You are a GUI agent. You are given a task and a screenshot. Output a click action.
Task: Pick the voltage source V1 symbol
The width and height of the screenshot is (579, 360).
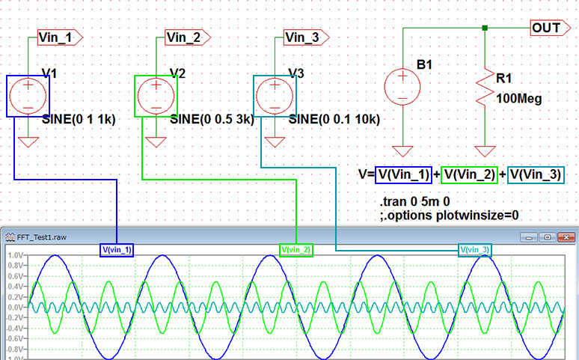tap(28, 96)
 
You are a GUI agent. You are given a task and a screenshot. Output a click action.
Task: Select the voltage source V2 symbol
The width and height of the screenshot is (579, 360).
tap(156, 96)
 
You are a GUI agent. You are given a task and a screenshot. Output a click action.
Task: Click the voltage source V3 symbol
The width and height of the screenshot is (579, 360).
tap(275, 96)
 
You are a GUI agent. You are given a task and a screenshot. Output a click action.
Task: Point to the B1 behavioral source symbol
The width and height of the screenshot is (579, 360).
tap(402, 85)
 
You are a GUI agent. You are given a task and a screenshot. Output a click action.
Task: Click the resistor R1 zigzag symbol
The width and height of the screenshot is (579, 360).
tap(486, 89)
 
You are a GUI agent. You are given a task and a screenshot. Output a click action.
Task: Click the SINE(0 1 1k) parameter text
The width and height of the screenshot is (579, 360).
tap(79, 119)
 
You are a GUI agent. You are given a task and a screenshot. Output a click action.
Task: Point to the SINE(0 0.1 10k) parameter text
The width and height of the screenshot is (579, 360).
tap(334, 119)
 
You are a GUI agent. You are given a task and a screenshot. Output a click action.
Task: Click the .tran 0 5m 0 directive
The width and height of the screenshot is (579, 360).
tap(411, 203)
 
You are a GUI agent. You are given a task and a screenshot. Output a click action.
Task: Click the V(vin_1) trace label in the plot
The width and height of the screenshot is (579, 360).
tap(116, 249)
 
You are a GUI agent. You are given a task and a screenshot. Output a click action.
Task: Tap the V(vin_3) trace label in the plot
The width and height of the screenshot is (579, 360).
tap(475, 249)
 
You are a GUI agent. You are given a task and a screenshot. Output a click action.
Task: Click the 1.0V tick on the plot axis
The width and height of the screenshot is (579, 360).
tap(14, 255)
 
